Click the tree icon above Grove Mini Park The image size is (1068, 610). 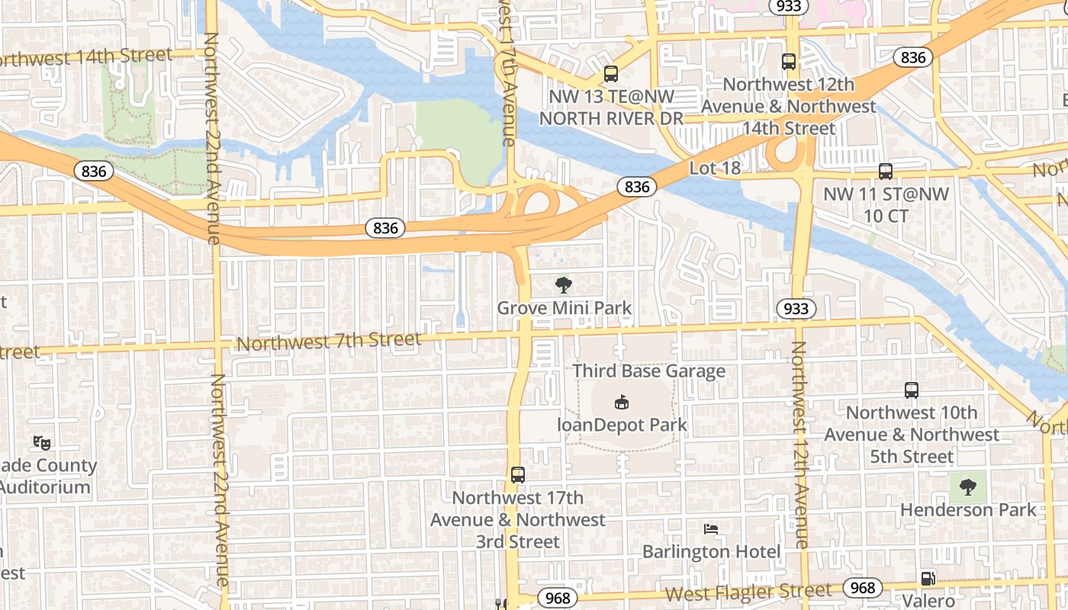[x=564, y=286]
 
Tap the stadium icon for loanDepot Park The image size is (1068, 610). [x=622, y=403]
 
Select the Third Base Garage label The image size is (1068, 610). [x=648, y=371]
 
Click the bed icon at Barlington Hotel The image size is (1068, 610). [x=711, y=528]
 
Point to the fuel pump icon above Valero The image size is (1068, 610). [x=928, y=579]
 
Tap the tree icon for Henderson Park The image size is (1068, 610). [x=967, y=486]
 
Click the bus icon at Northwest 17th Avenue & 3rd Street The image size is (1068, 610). [x=518, y=474]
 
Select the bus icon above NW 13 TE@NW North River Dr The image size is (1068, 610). [x=610, y=74]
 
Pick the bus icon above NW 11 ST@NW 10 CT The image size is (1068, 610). [x=885, y=172]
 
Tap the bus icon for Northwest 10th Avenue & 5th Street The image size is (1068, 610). [x=911, y=390]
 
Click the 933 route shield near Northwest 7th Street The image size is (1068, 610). [x=796, y=309]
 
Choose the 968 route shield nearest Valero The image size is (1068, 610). [x=862, y=588]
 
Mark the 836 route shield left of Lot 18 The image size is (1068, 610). [x=636, y=187]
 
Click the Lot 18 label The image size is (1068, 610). [x=715, y=168]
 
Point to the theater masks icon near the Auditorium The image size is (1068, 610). [x=40, y=441]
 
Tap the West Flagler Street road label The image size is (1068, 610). [x=748, y=592]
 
